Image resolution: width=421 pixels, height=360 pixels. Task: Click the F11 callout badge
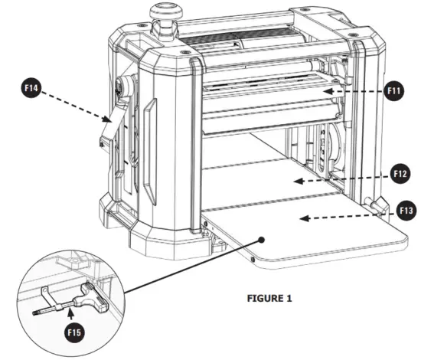point(393,90)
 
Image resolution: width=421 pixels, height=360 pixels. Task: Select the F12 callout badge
point(400,172)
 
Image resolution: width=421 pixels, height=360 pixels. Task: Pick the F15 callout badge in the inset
point(71,332)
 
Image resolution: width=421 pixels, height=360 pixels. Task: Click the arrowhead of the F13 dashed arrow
point(302,218)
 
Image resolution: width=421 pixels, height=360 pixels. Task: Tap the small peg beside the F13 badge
point(374,205)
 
